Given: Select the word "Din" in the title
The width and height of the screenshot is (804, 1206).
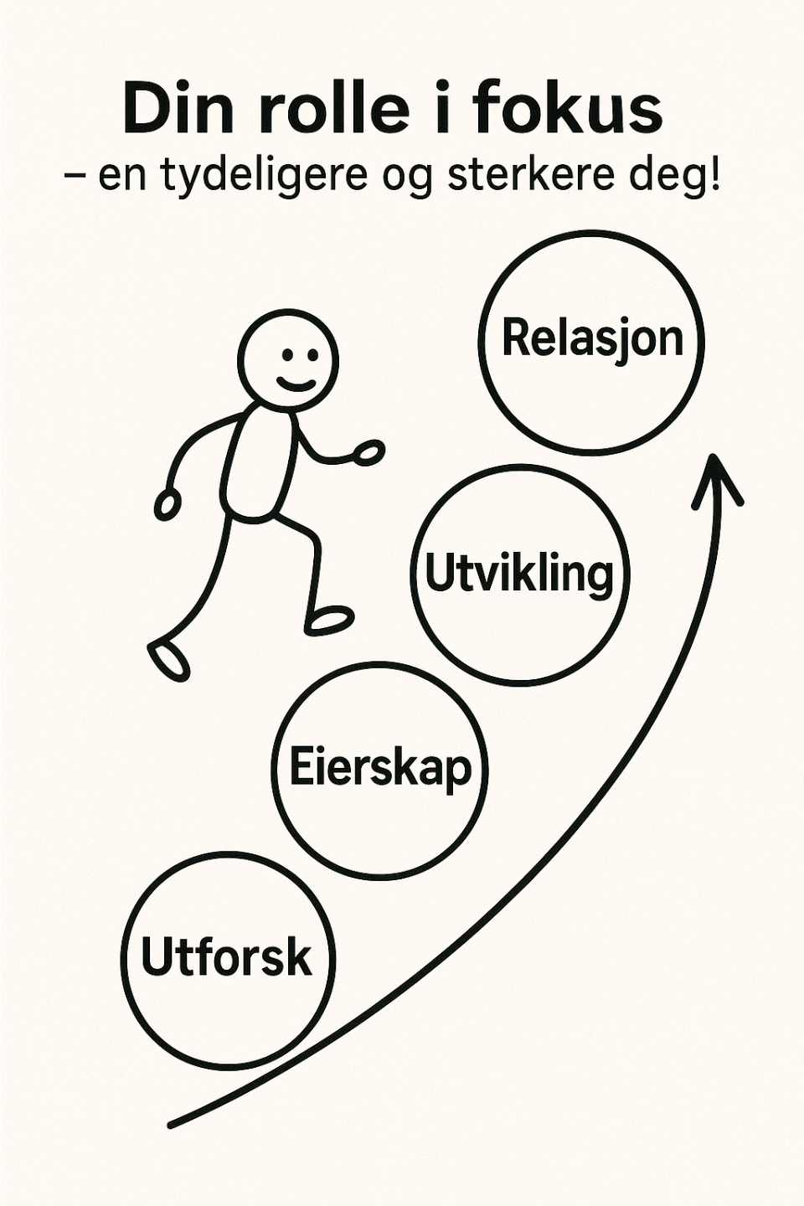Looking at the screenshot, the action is tap(171, 109).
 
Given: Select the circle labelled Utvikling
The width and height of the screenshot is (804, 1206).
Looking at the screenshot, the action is tap(520, 574).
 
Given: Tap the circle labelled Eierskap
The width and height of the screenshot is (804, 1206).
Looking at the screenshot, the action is tap(381, 769).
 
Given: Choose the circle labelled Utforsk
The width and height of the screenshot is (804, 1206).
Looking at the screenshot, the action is tap(228, 959).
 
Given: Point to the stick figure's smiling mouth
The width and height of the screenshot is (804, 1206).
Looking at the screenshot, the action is tap(296, 385).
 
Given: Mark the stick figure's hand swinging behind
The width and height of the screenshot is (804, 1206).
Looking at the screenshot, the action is tap(167, 504).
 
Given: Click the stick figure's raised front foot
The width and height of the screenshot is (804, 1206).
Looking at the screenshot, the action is tap(330, 621).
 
